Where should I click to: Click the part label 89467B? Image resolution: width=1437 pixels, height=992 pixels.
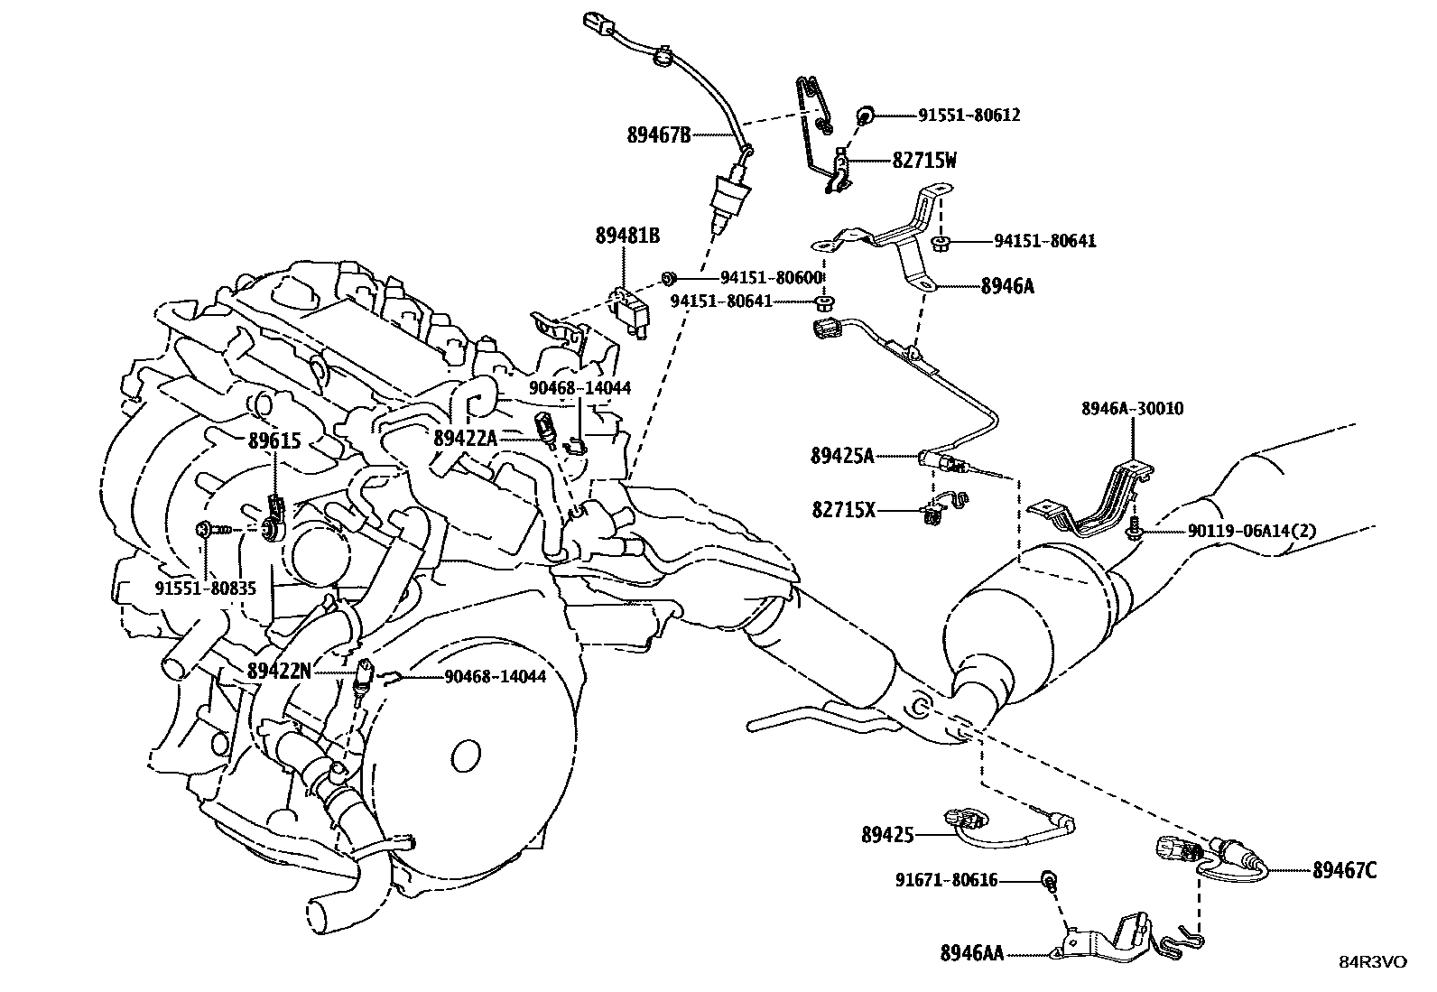coord(659,135)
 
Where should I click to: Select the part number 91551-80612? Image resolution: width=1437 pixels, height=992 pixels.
coord(969,115)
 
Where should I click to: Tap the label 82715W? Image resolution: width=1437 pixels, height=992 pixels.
coord(924,161)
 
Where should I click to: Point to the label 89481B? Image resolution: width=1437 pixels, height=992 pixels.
coord(627,236)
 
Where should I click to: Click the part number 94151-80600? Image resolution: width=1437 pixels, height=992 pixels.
coord(772,277)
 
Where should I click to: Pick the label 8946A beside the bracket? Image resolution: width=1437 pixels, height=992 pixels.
coord(1007,286)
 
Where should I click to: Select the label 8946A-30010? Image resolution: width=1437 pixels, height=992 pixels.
coord(1132,409)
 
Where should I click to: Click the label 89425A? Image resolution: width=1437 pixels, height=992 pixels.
coord(842,457)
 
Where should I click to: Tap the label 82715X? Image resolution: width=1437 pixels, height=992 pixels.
coord(843,511)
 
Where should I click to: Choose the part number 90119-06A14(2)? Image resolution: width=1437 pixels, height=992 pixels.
coord(1238,531)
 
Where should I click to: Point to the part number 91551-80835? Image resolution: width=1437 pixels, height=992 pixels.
coord(206,588)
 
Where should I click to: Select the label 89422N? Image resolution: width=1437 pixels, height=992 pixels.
coord(280,671)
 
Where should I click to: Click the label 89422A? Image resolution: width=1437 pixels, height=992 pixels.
coord(466,438)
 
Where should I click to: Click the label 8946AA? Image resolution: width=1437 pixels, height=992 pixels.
coord(971,952)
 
